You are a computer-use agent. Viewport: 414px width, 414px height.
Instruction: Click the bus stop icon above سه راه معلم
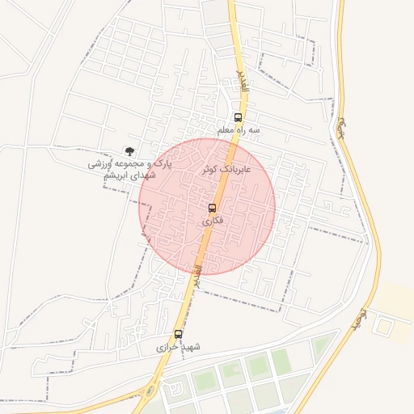pyautogui.click(x=237, y=117)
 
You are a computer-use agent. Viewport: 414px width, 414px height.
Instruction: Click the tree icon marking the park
pyautogui.click(x=129, y=150)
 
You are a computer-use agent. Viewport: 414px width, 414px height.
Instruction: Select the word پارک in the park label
pyautogui.click(x=163, y=164)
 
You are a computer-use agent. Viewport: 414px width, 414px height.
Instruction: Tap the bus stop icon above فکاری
pyautogui.click(x=213, y=208)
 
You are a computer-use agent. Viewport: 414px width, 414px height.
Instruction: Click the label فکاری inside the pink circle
pyautogui.click(x=212, y=220)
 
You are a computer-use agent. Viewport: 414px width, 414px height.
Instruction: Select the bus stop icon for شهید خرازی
pyautogui.click(x=178, y=334)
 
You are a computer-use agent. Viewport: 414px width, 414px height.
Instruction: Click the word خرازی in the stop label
pyautogui.click(x=167, y=347)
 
